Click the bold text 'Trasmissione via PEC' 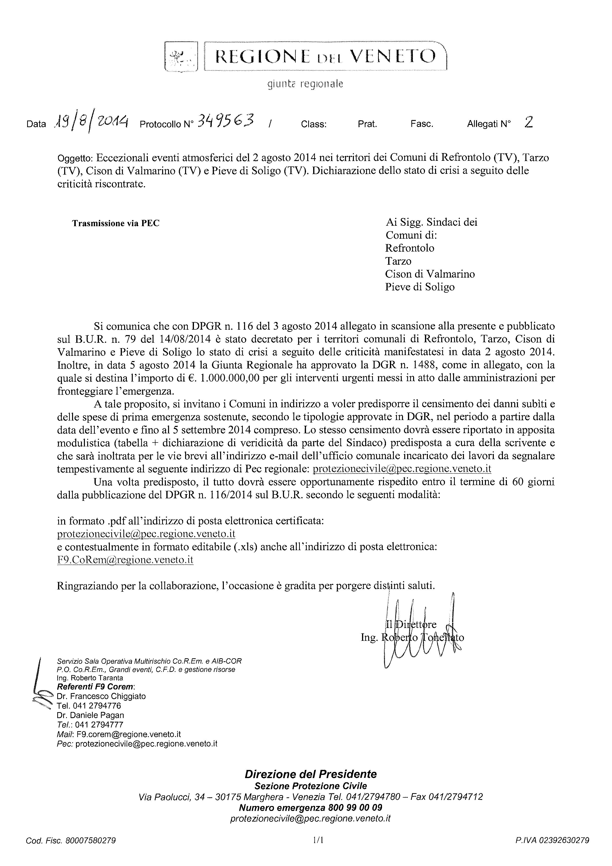tap(116, 223)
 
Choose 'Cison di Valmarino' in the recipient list tap(430, 274)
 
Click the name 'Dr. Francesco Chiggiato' tap(101, 696)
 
